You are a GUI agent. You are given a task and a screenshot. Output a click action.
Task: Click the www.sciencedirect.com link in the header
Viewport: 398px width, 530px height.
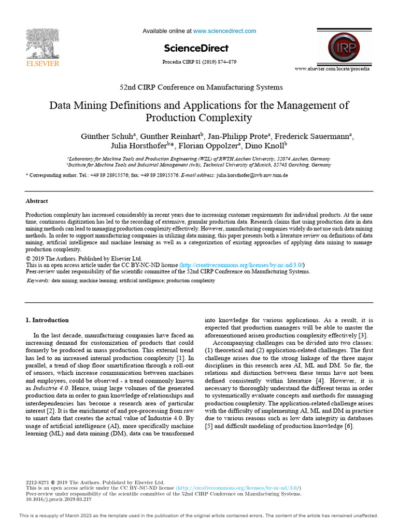click(224, 31)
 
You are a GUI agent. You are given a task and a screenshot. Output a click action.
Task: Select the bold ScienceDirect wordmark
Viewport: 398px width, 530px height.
click(196, 49)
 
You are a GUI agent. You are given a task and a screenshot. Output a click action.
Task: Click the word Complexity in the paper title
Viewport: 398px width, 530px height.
click(221, 118)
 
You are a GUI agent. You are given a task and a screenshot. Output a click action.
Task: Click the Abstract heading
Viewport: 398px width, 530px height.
click(37, 201)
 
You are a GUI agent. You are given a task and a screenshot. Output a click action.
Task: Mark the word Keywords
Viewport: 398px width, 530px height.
click(38, 281)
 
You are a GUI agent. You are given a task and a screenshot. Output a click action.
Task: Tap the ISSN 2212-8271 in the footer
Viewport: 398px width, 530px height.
click(37, 482)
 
